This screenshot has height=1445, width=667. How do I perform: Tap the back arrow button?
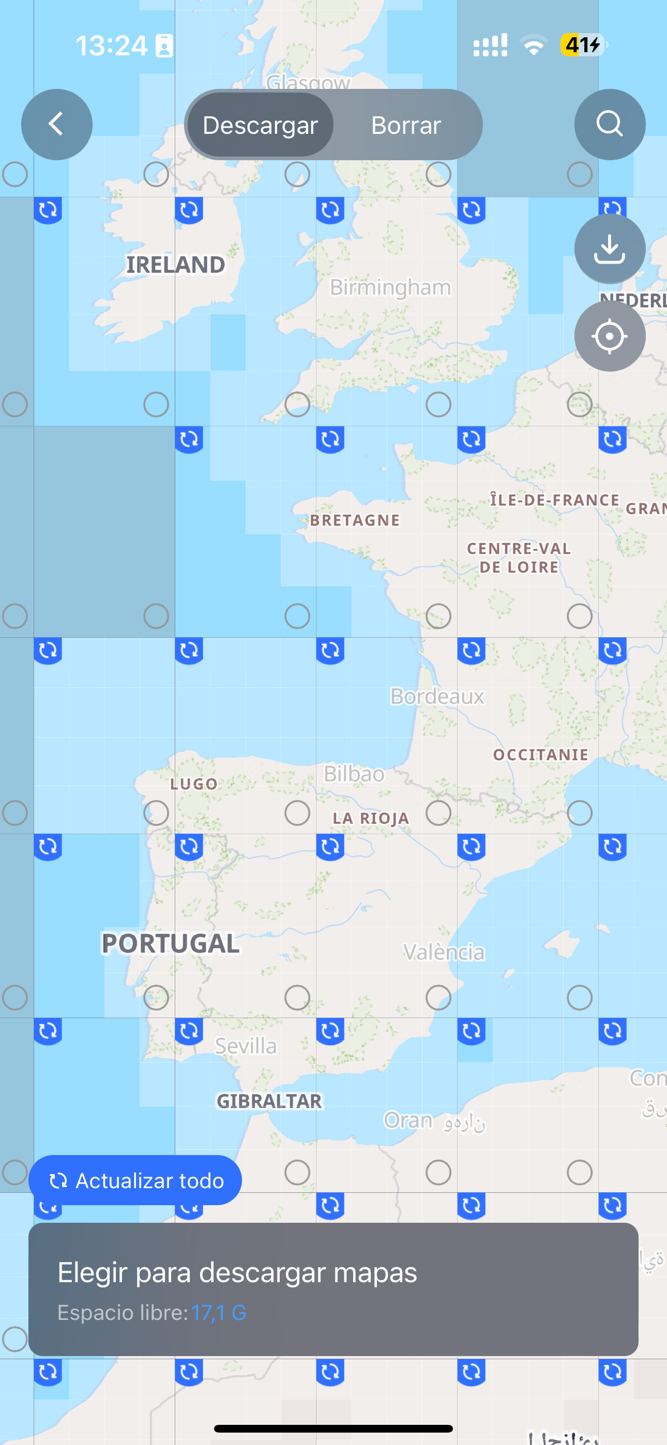click(x=57, y=125)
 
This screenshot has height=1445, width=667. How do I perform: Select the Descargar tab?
click(x=260, y=125)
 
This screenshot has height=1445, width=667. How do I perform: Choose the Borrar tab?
click(x=406, y=125)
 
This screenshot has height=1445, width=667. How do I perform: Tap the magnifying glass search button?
click(x=609, y=125)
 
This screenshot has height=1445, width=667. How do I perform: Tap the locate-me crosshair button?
click(x=609, y=336)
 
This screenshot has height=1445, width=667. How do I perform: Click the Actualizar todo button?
click(x=135, y=1180)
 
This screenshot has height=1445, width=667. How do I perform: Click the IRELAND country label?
click(x=175, y=265)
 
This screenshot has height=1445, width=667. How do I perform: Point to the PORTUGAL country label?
click(x=171, y=944)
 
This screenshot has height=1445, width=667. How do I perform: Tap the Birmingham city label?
click(x=390, y=287)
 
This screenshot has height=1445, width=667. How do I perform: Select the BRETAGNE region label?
click(x=355, y=520)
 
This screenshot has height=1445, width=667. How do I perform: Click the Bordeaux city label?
click(x=437, y=697)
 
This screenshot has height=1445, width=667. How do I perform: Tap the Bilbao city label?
click(x=354, y=774)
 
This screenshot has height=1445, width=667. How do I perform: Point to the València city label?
click(x=444, y=952)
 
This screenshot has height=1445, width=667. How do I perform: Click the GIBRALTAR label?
click(x=269, y=1101)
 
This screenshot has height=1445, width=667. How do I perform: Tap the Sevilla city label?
click(x=246, y=1046)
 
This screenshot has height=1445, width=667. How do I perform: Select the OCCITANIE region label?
click(x=541, y=755)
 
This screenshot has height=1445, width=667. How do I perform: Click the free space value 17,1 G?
click(x=218, y=1313)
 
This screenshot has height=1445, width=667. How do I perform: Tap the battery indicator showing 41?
click(x=582, y=45)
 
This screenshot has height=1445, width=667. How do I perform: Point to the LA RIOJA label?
click(x=371, y=819)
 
